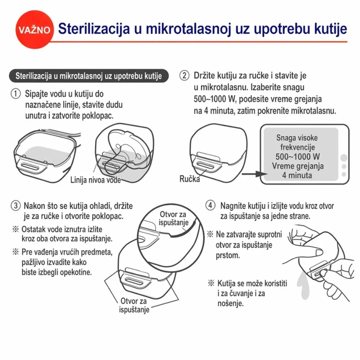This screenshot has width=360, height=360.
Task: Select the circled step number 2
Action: pyautogui.click(x=185, y=75)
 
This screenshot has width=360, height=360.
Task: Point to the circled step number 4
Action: pyautogui.click(x=211, y=205)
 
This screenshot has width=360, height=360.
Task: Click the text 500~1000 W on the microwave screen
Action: pyautogui.click(x=297, y=155)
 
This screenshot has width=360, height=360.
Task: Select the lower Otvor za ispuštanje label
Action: pyautogui.click(x=135, y=305)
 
